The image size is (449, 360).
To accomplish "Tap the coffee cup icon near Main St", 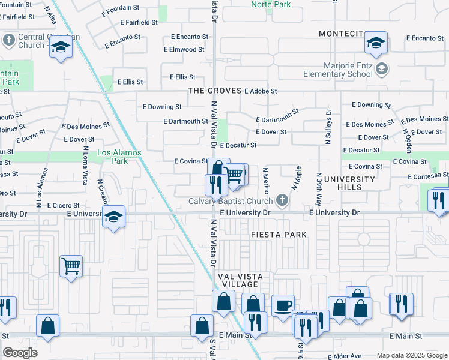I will tap(282, 306).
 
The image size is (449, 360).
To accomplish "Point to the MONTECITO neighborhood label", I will tap(343, 34).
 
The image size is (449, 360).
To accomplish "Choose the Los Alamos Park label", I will tap(119, 157).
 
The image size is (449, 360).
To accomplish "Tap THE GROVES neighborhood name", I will tap(214, 91).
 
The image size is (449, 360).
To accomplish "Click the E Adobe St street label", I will tap(261, 91).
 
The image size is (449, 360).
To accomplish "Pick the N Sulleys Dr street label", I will tap(329, 127).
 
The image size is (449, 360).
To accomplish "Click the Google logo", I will tap(20, 353).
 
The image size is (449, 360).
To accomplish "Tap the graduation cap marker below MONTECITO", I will tap(376, 43).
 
